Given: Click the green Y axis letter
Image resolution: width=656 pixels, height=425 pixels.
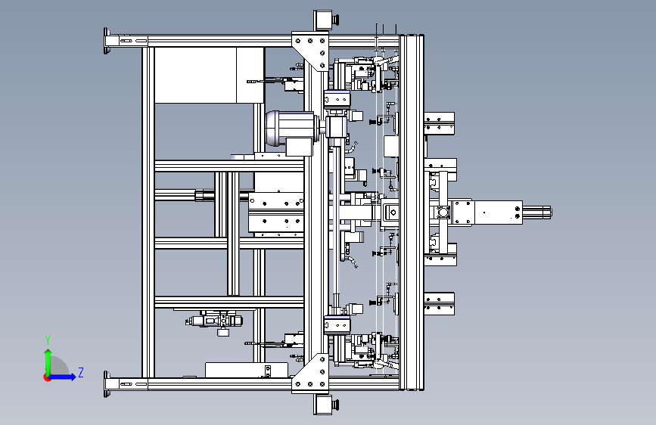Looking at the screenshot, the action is pos(48,340).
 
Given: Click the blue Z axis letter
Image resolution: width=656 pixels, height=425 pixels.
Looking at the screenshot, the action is pos(81,372).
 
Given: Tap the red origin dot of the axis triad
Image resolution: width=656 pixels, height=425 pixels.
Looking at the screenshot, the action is pos(47,377).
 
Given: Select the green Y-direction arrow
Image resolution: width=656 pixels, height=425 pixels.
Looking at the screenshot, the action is pos(48,362).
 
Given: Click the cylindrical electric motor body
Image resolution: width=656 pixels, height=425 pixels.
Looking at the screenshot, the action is pos(290,128).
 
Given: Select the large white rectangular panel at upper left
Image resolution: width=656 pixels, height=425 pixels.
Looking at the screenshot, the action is pos(209,76).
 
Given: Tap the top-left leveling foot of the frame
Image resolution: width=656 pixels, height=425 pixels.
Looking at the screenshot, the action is pos(107,41).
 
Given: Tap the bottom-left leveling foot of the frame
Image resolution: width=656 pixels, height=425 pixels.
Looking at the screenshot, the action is pos(107,383).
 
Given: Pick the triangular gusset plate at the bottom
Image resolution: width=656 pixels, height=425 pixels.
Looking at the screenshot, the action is pos(310,374).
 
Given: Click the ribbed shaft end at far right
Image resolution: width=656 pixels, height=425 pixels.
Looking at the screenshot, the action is pos(537,212).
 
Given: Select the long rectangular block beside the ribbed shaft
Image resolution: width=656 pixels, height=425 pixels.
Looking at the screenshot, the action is pos(499,212).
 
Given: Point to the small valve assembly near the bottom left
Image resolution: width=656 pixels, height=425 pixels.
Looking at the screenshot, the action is pos(215,321).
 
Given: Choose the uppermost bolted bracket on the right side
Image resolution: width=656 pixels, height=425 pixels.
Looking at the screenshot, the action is pos(440,123).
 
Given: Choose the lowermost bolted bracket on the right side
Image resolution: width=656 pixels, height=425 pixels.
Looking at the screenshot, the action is pos(440,304).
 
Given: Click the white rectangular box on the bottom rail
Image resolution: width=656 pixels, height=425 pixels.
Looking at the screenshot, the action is pos(247,370).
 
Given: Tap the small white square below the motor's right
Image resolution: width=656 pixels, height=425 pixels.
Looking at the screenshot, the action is pos(299,147).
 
